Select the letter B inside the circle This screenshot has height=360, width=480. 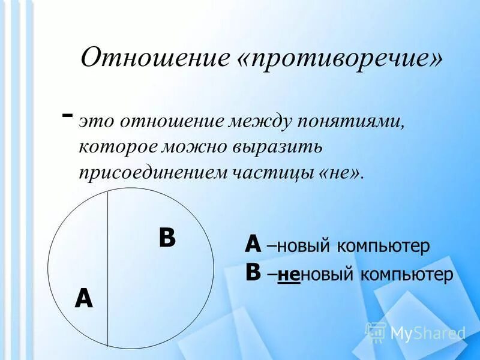167,238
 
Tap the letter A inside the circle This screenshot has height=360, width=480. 83,298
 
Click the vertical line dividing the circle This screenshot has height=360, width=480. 107,270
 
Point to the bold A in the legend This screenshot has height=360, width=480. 253,245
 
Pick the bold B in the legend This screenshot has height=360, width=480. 253,274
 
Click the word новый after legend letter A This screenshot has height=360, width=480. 305,246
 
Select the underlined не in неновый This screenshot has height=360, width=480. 289,275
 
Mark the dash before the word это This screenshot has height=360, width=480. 68,114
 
